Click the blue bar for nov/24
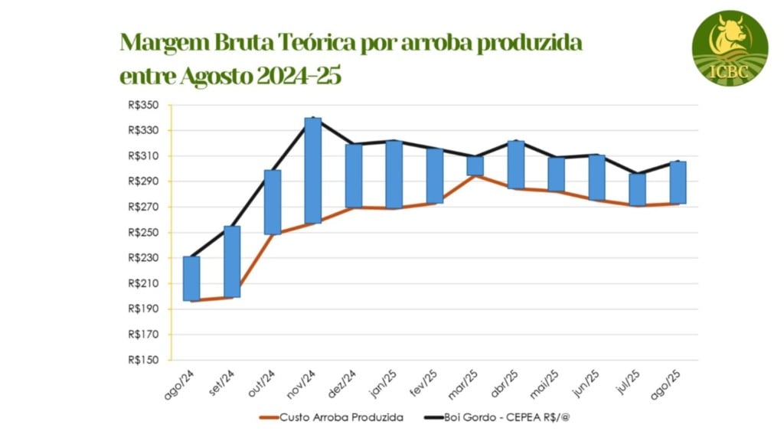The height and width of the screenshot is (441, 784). tap(312, 171)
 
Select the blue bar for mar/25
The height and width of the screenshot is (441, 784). tap(475, 165)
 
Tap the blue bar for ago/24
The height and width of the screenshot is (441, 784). tap(191, 279)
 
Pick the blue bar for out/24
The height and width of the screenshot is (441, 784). tap(273, 202)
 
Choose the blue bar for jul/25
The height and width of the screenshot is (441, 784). tap(638, 189)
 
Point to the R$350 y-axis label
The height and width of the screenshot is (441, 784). tap(145, 106)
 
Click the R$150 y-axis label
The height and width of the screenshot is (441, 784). tap(145, 360)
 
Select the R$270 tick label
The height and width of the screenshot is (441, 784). tap(145, 207)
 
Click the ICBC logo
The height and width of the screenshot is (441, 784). tap(730, 48)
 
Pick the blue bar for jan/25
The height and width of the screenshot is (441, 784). tap(394, 175)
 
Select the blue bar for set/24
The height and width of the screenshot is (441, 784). tap(232, 262)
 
